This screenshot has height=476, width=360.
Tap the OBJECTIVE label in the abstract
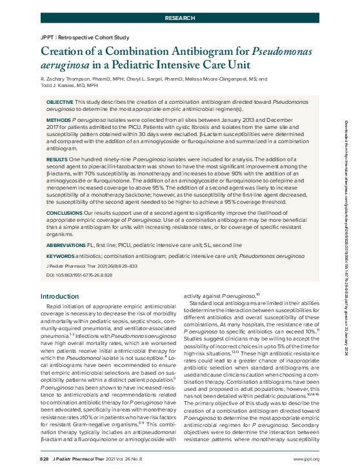59,103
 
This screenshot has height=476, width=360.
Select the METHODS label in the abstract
58,119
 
